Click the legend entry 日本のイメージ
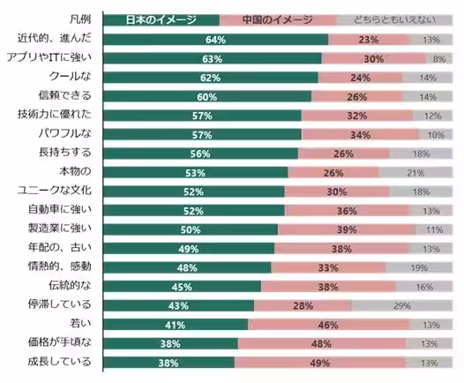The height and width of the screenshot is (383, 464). tap(161, 19)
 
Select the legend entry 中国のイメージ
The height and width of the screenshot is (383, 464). tap(278, 19)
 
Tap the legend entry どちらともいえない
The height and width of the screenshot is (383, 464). tap(394, 19)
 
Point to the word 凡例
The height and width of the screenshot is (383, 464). tap(84, 19)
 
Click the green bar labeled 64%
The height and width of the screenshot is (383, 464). tap(216, 40)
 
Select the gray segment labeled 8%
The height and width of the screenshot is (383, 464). tap(438, 59)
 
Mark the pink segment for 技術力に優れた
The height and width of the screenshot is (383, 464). tap(357, 116)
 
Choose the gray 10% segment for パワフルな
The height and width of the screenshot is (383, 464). tap(436, 135)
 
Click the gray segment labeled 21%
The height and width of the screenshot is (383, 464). tap(415, 172)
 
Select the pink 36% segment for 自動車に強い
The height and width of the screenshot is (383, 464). tap(346, 210)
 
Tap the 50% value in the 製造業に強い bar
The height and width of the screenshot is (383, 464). tap(191, 229)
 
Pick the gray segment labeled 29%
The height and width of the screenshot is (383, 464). tap(401, 305)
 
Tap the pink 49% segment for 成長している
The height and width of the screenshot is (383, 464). tap(320, 363)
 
